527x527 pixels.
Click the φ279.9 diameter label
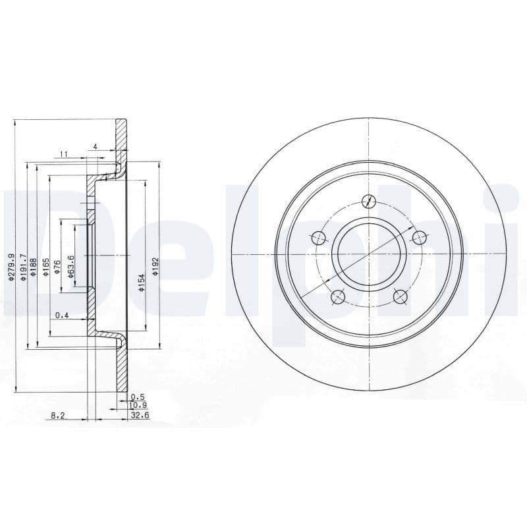(11, 268)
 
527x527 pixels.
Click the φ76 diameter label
(58, 267)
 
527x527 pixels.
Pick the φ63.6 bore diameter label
(70, 265)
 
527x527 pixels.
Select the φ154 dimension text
(141, 283)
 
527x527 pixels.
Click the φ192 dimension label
(156, 265)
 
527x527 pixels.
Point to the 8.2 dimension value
(58, 416)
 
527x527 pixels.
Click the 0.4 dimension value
(62, 316)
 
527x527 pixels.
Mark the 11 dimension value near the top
(64, 154)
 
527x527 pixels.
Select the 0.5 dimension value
(137, 397)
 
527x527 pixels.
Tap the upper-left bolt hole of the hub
(319, 237)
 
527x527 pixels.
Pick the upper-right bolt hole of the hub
(418, 237)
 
